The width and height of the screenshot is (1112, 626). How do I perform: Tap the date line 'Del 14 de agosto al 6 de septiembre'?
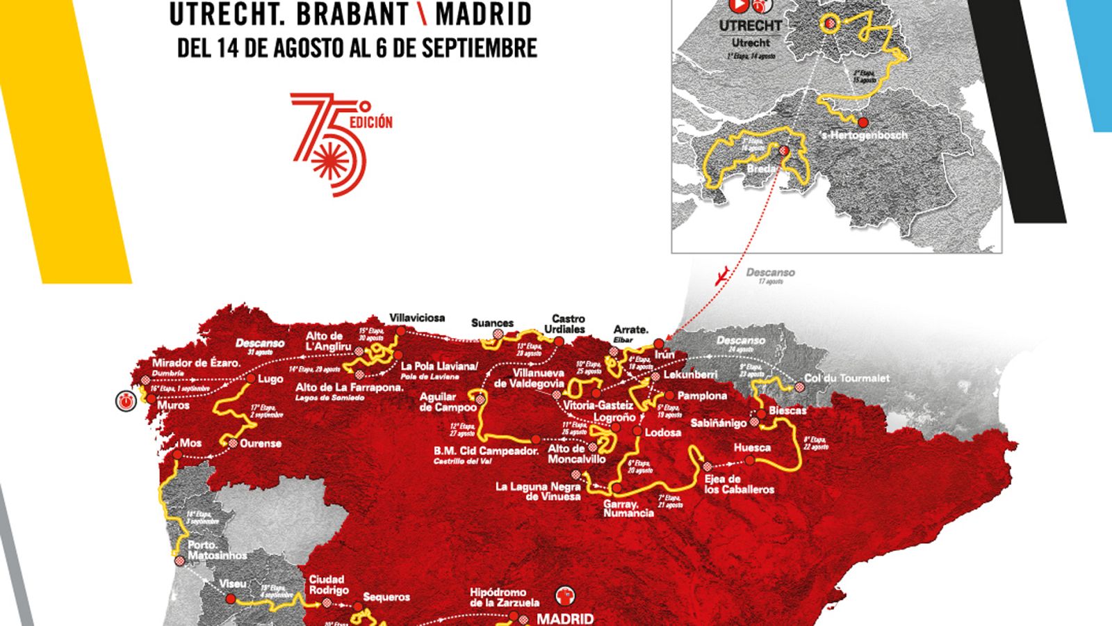coord(357,48)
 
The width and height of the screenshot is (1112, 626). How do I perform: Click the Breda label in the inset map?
coord(760,168)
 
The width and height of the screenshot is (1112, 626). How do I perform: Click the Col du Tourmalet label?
coord(847,378)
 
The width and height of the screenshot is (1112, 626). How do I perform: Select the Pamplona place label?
coord(702,396)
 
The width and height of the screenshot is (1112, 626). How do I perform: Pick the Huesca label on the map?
coord(752,447)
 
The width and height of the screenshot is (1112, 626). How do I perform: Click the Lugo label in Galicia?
coord(270,379)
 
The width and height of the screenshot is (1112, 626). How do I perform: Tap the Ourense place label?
coord(261,443)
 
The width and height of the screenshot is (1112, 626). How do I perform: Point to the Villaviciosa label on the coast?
coord(417,318)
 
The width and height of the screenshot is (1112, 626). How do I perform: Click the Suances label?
coord(492,323)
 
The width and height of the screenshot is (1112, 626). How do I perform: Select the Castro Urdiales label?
coord(569,323)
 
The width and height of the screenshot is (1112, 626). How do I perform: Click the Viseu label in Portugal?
coord(233,584)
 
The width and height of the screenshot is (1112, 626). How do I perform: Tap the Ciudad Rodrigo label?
coord(329,584)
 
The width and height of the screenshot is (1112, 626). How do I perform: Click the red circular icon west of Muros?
coord(126,401)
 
